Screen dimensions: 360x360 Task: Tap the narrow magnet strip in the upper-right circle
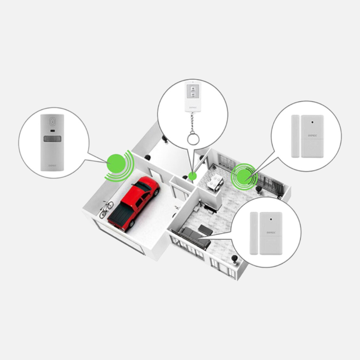295,136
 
